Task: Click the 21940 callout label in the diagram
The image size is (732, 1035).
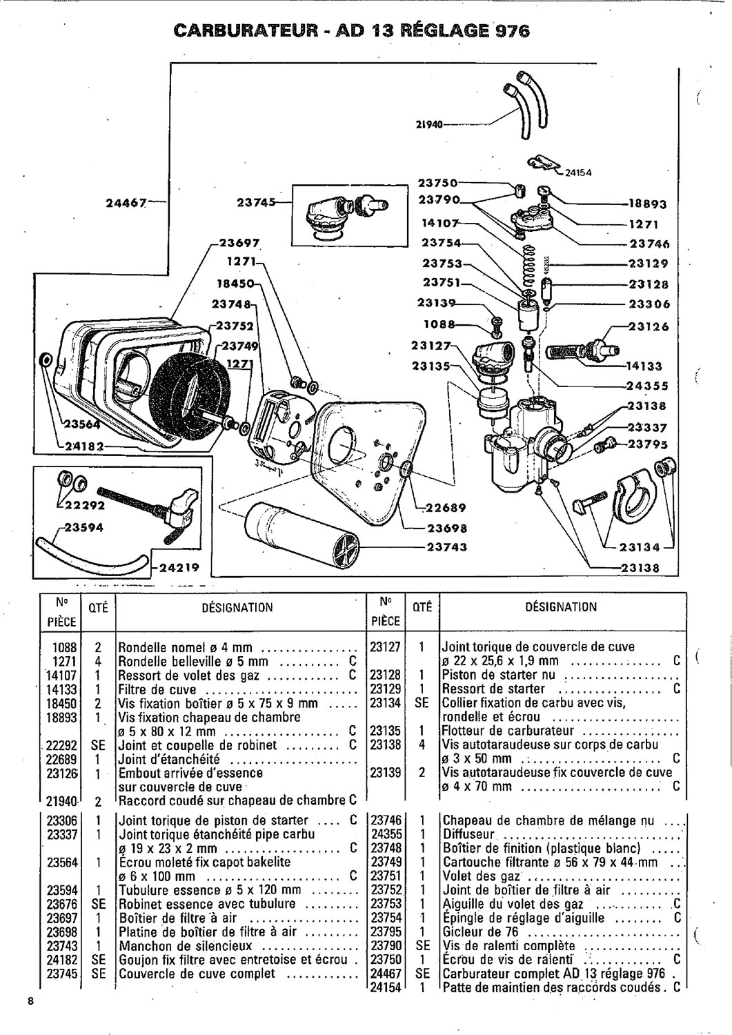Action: click(x=428, y=125)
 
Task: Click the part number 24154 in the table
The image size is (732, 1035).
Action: click(x=386, y=987)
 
